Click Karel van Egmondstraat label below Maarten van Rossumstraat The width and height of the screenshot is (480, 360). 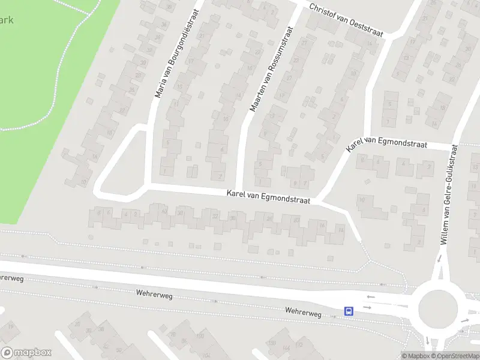tap(268, 197)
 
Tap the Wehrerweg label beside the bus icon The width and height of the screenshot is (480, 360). tap(304, 313)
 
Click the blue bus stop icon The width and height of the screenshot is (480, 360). tap(349, 311)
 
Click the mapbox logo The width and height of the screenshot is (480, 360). tap(26, 353)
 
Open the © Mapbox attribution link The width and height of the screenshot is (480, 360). tap(415, 356)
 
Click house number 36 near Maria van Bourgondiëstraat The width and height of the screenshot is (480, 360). tap(170, 8)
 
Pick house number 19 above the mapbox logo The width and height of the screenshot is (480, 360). tap(11, 326)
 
